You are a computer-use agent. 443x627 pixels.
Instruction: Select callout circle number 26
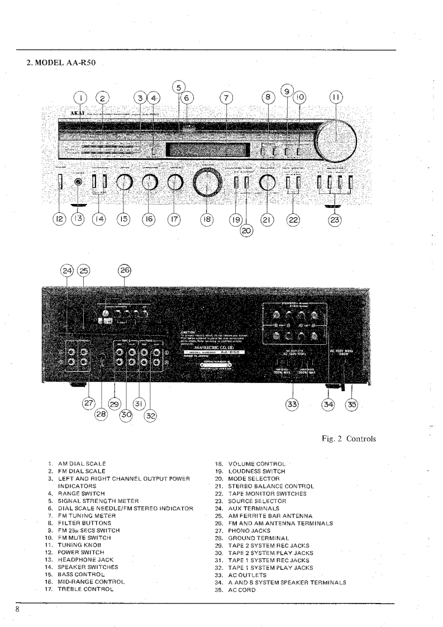click(x=124, y=271)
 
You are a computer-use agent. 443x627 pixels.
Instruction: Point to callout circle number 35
click(x=351, y=405)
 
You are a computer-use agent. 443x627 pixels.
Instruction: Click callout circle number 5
click(x=178, y=87)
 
